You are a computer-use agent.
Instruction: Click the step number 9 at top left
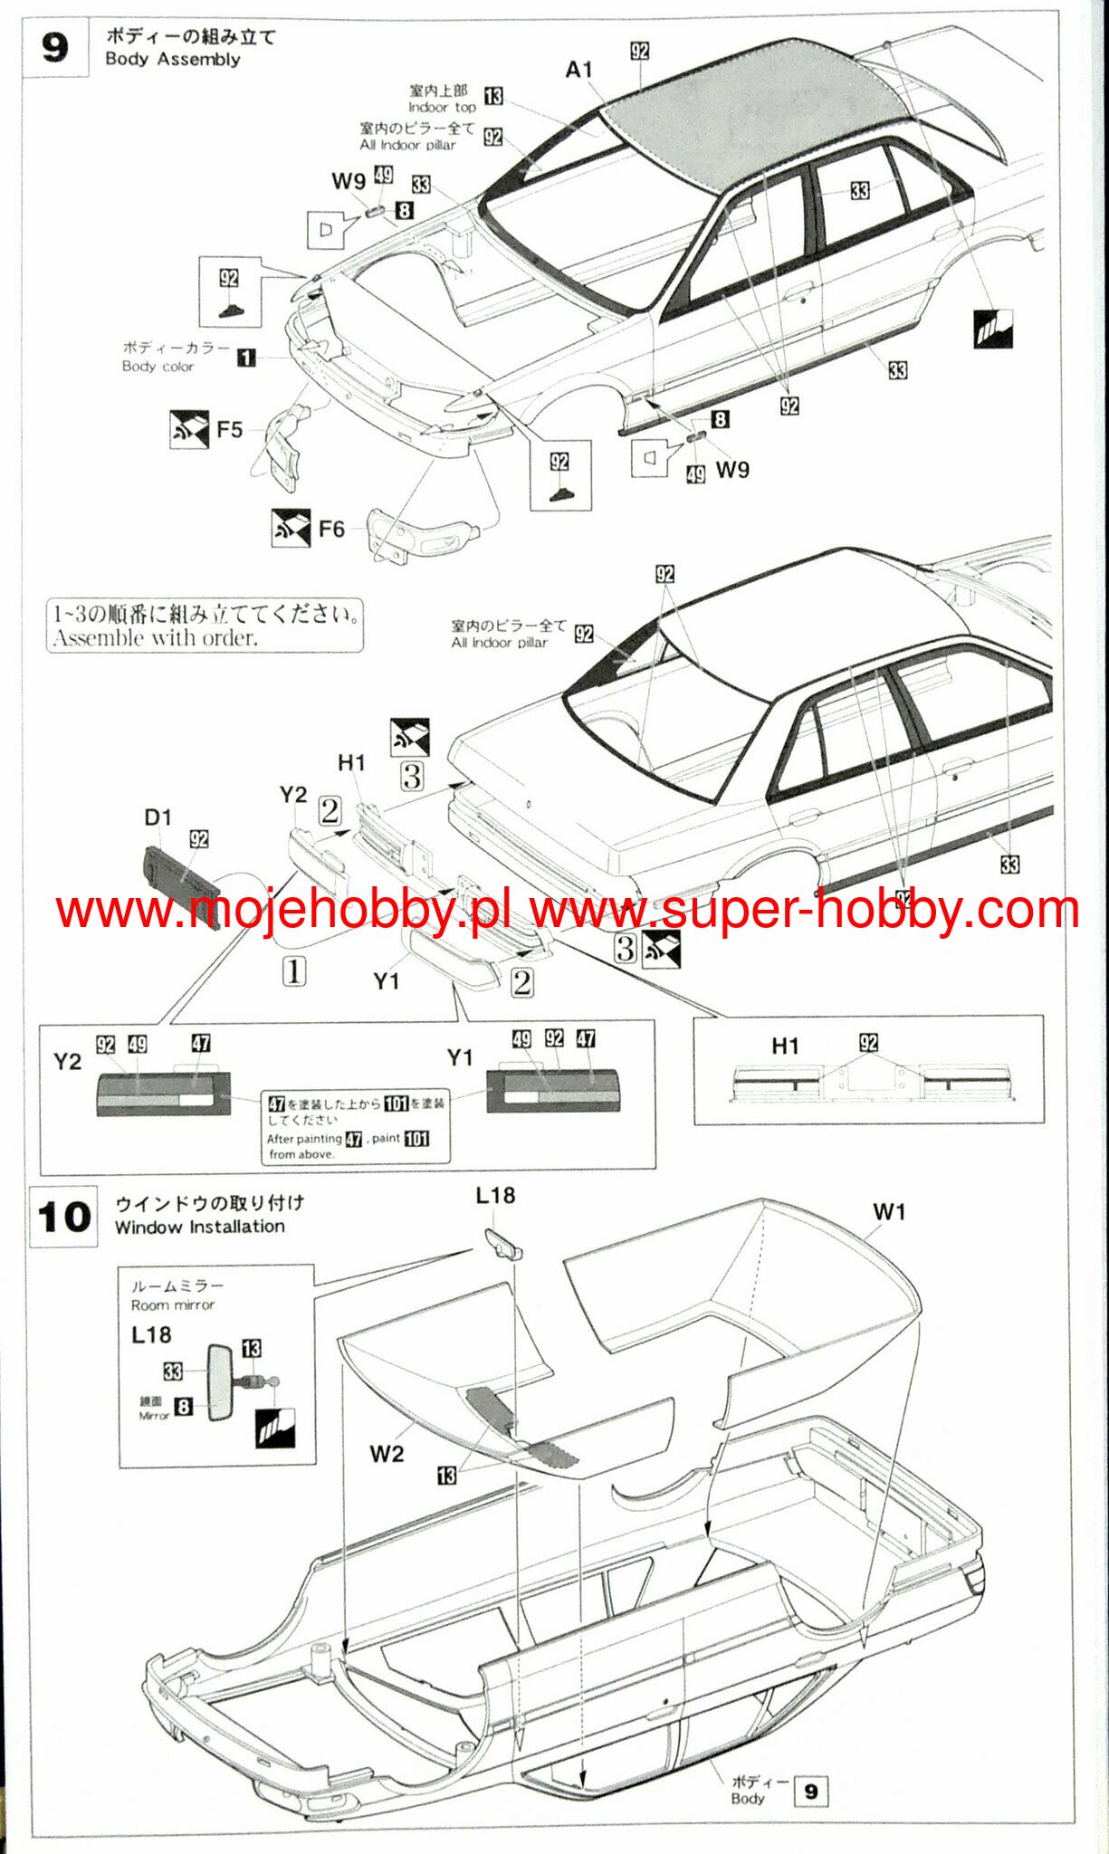coord(55,47)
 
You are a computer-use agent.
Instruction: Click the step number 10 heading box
coord(64,1217)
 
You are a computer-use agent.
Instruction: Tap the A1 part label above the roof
coord(578,70)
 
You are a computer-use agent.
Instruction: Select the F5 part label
coord(230,429)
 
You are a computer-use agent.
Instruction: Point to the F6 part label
coord(331,529)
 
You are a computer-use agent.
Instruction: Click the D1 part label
coord(158,817)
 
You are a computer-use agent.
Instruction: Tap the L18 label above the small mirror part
coord(495,1196)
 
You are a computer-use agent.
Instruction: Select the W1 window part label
coord(889,1212)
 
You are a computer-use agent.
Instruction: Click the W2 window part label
coord(387,1454)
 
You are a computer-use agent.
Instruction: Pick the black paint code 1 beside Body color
coord(246,358)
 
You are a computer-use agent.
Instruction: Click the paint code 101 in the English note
coord(416,1139)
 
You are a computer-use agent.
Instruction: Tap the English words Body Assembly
coord(173,60)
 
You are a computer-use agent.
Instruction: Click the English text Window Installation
coord(199,1227)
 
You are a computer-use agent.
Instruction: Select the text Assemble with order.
coord(155,638)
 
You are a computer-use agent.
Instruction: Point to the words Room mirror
coord(172,1305)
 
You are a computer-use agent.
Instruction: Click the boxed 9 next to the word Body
coord(810,1792)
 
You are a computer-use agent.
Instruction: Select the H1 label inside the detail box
coord(785,1046)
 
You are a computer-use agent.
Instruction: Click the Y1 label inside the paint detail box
coord(460,1057)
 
